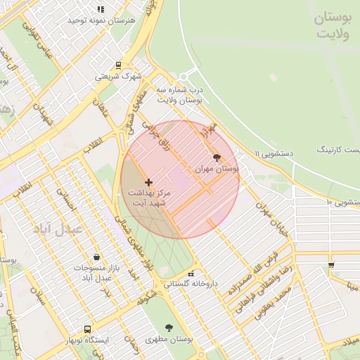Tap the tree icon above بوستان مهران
216,157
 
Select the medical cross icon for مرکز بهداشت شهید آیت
148,182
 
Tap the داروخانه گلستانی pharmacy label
191,285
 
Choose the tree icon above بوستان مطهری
169,328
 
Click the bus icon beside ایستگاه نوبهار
88,329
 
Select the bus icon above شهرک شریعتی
118,65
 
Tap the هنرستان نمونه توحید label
100,21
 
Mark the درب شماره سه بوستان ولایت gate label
179,96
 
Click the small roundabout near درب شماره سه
184,77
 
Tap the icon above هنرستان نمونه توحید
101,10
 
